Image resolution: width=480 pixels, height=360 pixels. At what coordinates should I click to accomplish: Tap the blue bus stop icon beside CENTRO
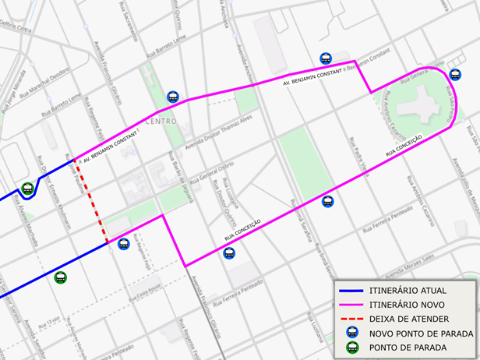pos(173,97)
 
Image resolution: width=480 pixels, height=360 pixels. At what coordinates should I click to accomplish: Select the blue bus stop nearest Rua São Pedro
pos(455,75)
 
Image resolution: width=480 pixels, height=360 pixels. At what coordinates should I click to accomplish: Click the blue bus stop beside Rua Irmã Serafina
pos(327,202)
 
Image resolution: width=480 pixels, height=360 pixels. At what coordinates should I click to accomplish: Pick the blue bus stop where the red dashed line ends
pos(122,244)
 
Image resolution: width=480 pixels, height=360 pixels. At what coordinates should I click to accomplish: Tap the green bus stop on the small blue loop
pos(27,188)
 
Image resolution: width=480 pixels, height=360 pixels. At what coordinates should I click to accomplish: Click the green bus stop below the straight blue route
pos(61,277)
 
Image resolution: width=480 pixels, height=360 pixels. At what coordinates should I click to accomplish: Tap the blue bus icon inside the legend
pos(351,334)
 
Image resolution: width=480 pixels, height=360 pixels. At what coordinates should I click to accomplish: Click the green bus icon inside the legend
pos(351,348)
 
